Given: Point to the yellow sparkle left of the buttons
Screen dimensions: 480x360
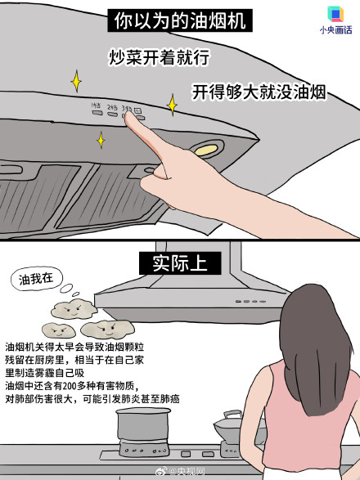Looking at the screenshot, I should click(x=76, y=82).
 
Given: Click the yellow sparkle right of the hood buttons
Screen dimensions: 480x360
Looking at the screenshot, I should click(x=173, y=105).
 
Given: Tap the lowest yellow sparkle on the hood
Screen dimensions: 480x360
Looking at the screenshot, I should click(x=101, y=141).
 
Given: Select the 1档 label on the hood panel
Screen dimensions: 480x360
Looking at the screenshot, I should click(x=96, y=105).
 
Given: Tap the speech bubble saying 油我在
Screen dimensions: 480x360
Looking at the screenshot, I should click(x=36, y=279).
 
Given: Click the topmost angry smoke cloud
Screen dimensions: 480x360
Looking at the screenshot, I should click(x=69, y=309).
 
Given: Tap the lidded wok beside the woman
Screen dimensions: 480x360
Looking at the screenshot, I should click(x=228, y=424).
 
